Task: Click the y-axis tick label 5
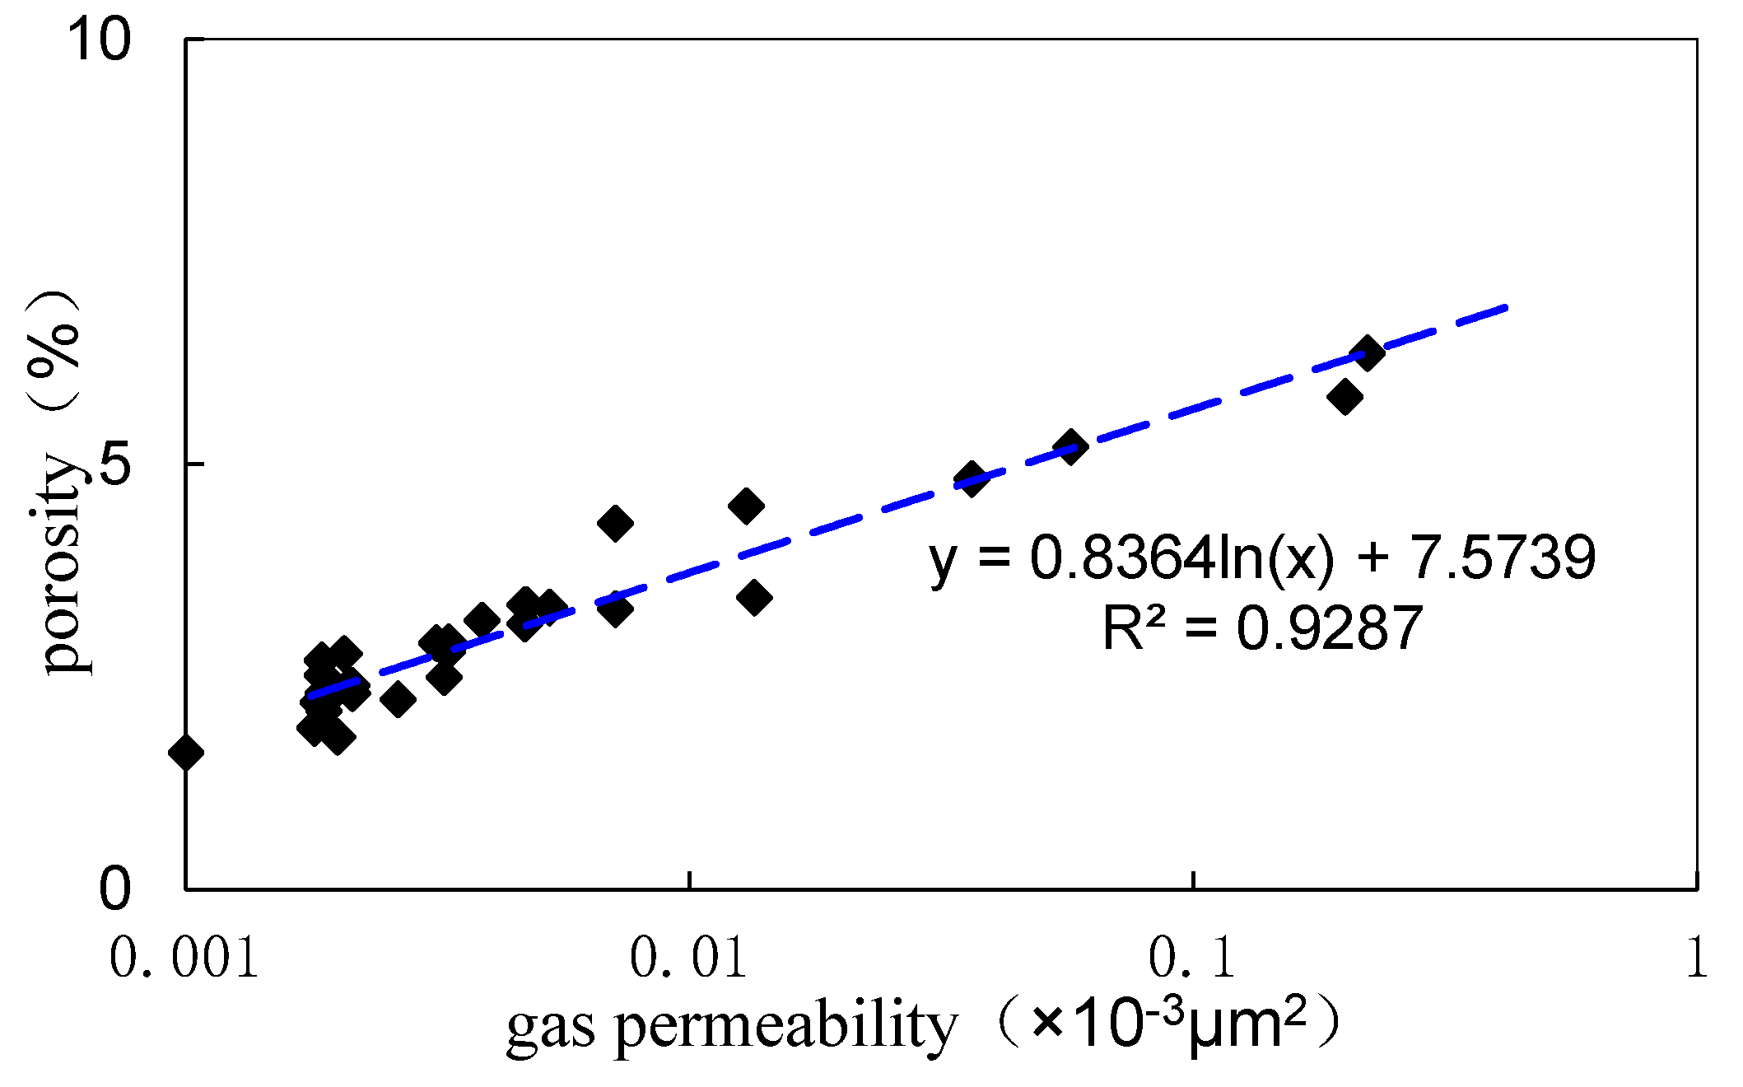pyautogui.click(x=115, y=464)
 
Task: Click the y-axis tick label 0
pyautogui.click(x=115, y=889)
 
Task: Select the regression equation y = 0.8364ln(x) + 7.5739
pyautogui.click(x=1262, y=558)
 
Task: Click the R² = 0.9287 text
pyautogui.click(x=1262, y=628)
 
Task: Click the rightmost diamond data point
pyautogui.click(x=1368, y=353)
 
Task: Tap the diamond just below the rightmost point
pyautogui.click(x=1345, y=397)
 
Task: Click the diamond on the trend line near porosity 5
pyautogui.click(x=1070, y=446)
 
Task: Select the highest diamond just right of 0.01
pyautogui.click(x=746, y=506)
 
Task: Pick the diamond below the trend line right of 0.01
pyautogui.click(x=754, y=597)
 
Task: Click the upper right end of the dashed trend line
pyautogui.click(x=1505, y=307)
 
